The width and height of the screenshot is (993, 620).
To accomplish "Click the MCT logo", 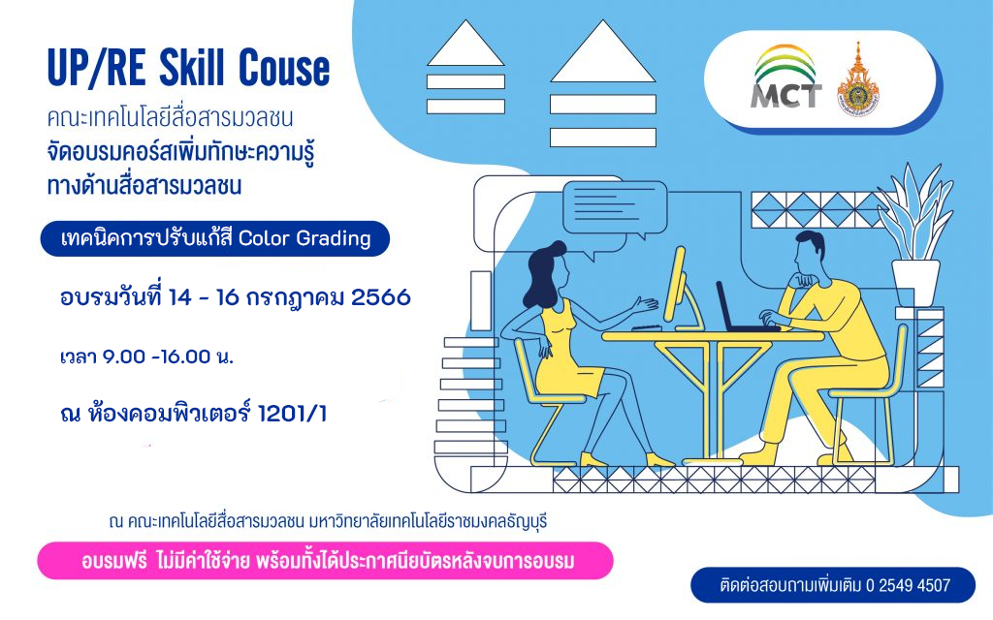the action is pyautogui.click(x=785, y=77).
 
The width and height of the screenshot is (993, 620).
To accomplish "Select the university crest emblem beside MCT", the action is pyautogui.click(x=857, y=80).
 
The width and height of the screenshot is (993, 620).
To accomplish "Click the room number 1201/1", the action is pyautogui.click(x=292, y=415).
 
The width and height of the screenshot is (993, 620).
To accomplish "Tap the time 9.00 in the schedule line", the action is pyautogui.click(x=124, y=356).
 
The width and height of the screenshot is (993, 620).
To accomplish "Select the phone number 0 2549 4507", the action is pyautogui.click(x=908, y=585).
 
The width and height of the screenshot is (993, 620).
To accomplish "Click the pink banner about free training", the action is pyautogui.click(x=326, y=561).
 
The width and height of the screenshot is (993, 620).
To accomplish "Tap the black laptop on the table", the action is pyautogui.click(x=744, y=309).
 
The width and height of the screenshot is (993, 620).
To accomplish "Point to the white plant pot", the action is pyautogui.click(x=915, y=283).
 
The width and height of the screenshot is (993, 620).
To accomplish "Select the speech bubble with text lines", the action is pyautogui.click(x=615, y=209).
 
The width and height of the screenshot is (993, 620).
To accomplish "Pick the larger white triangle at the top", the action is pyautogui.click(x=602, y=52).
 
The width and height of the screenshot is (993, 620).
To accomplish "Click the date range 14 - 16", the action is pyautogui.click(x=203, y=297).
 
